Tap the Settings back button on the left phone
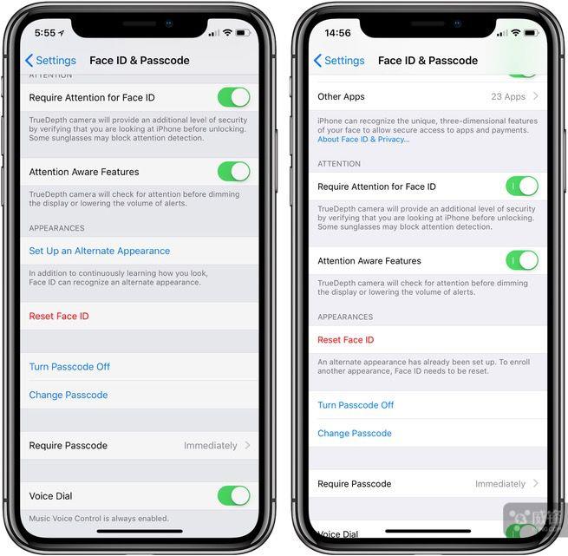[x=50, y=61]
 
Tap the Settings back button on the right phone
[x=339, y=61]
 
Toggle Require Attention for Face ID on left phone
[x=233, y=97]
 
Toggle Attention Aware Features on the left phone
[x=233, y=172]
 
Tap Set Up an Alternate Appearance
[x=99, y=251]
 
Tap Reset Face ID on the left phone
[x=59, y=316]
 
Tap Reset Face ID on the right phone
[x=346, y=340]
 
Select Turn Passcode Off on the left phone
[x=69, y=367]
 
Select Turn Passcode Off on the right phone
[x=356, y=405]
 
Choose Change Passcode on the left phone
[x=69, y=395]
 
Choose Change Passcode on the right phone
[x=355, y=433]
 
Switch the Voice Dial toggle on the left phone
[x=233, y=495]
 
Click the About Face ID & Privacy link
[x=363, y=140]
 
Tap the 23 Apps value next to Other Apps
[x=508, y=96]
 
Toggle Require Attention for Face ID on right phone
[x=522, y=186]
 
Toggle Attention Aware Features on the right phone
[x=522, y=260]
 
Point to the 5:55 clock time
[x=45, y=33]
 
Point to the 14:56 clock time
[x=337, y=33]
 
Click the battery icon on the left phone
[x=243, y=33]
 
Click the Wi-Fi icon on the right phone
[x=515, y=33]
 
